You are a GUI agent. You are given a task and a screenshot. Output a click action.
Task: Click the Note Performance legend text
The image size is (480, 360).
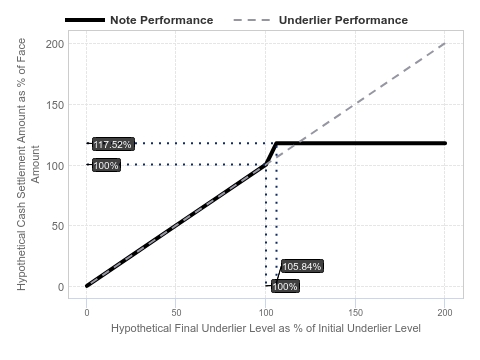(x=162, y=20)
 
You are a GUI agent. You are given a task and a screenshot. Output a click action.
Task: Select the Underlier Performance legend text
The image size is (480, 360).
(x=343, y=20)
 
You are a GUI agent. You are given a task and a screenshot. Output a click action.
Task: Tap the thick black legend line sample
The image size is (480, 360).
(x=85, y=20)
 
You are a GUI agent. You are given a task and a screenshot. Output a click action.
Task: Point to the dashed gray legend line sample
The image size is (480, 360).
(x=252, y=20)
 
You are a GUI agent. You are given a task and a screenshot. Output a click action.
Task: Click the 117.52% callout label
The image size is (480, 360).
(x=113, y=144)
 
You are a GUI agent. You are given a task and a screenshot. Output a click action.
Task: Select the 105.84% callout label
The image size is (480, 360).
(x=302, y=266)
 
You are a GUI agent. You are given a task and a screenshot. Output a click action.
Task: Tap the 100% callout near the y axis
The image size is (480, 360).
(x=106, y=165)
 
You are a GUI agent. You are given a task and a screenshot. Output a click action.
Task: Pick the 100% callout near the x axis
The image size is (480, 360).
(x=285, y=286)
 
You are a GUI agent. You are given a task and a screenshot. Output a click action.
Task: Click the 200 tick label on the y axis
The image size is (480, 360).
(x=55, y=44)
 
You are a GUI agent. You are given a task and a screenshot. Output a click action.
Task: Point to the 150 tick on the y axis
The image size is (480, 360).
(x=55, y=105)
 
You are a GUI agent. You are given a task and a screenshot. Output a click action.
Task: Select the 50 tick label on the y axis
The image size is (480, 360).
(x=58, y=226)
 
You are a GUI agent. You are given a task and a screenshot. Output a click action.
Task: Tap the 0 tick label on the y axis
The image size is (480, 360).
(x=61, y=287)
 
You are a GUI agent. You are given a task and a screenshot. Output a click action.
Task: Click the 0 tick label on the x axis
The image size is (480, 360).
(x=87, y=313)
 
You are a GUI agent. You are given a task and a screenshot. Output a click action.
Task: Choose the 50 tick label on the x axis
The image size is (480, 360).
(x=176, y=313)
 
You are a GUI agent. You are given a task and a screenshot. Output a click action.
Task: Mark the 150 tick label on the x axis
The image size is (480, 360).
(x=355, y=313)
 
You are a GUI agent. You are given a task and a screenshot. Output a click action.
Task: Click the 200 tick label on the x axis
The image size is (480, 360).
(x=445, y=313)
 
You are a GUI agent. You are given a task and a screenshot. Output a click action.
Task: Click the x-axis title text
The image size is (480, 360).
(x=266, y=328)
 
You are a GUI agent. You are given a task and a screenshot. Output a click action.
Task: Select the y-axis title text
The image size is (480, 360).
(x=28, y=164)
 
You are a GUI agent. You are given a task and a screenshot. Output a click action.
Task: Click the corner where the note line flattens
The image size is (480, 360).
(x=276, y=143)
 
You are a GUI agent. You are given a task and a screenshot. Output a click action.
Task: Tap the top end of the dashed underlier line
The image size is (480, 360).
(x=445, y=44)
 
